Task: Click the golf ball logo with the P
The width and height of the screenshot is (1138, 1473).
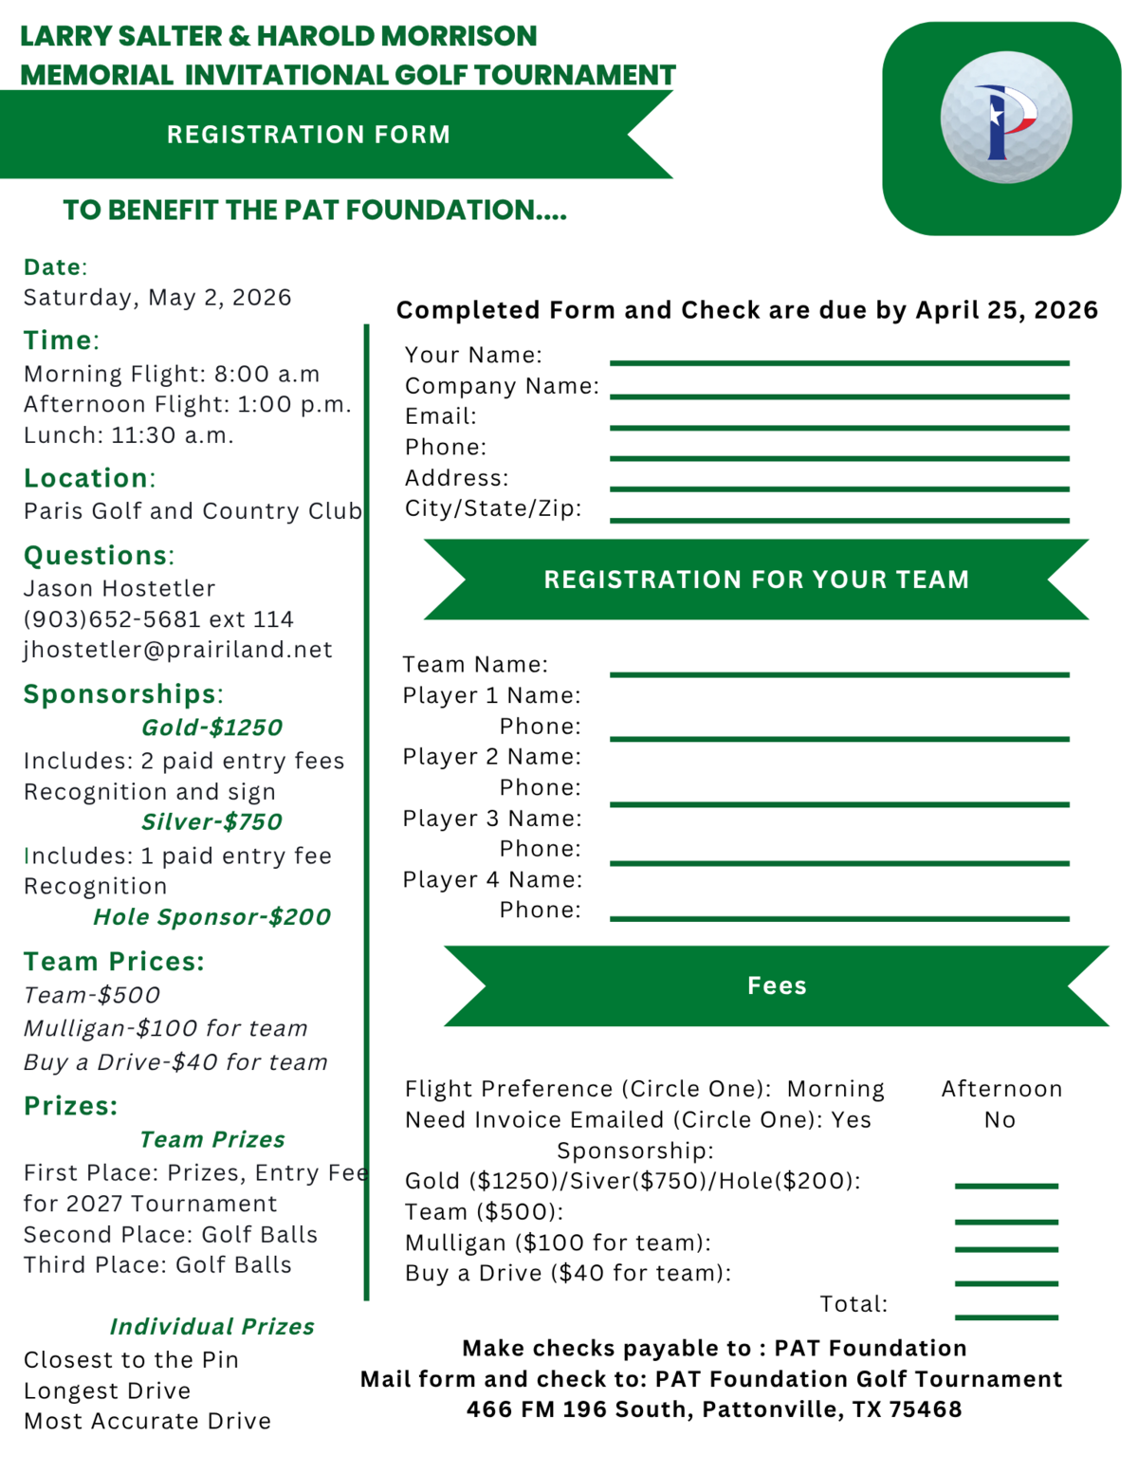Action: tap(1005, 118)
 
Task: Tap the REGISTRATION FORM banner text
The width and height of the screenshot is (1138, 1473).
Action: tap(308, 135)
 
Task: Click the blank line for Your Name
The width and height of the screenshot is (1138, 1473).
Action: tap(839, 361)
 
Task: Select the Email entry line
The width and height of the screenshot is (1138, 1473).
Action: tap(839, 427)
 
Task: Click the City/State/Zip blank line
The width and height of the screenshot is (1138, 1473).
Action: tap(839, 519)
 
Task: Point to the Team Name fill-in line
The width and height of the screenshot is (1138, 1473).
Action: tap(839, 673)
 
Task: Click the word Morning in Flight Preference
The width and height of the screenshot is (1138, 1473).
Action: tap(835, 1089)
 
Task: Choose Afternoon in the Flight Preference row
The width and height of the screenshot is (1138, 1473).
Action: tap(1001, 1089)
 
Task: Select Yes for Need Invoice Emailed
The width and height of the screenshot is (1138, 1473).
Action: tap(851, 1120)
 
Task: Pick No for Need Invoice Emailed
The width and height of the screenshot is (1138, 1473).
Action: tap(1000, 1120)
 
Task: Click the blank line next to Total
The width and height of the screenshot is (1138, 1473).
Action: tap(1006, 1316)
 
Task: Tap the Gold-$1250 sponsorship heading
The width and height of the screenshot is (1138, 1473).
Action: tap(211, 727)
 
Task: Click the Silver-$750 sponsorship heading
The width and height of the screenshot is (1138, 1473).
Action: tap(211, 822)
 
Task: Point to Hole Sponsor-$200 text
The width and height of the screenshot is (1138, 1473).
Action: tap(211, 917)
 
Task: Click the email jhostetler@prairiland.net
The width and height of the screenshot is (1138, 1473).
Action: tap(178, 650)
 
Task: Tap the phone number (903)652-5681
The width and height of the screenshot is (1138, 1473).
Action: tap(113, 619)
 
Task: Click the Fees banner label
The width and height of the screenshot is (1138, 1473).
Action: tap(777, 985)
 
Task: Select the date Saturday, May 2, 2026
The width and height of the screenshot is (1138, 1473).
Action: tap(157, 298)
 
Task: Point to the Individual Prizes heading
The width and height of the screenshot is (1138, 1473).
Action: tap(211, 1327)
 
